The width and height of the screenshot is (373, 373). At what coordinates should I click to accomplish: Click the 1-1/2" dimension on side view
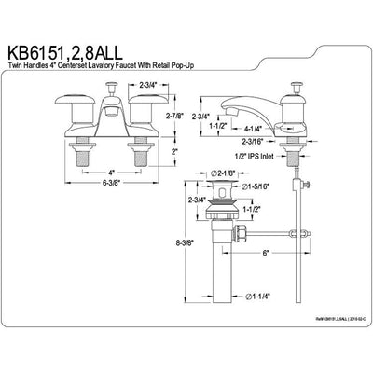pyautogui.click(x=218, y=125)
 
